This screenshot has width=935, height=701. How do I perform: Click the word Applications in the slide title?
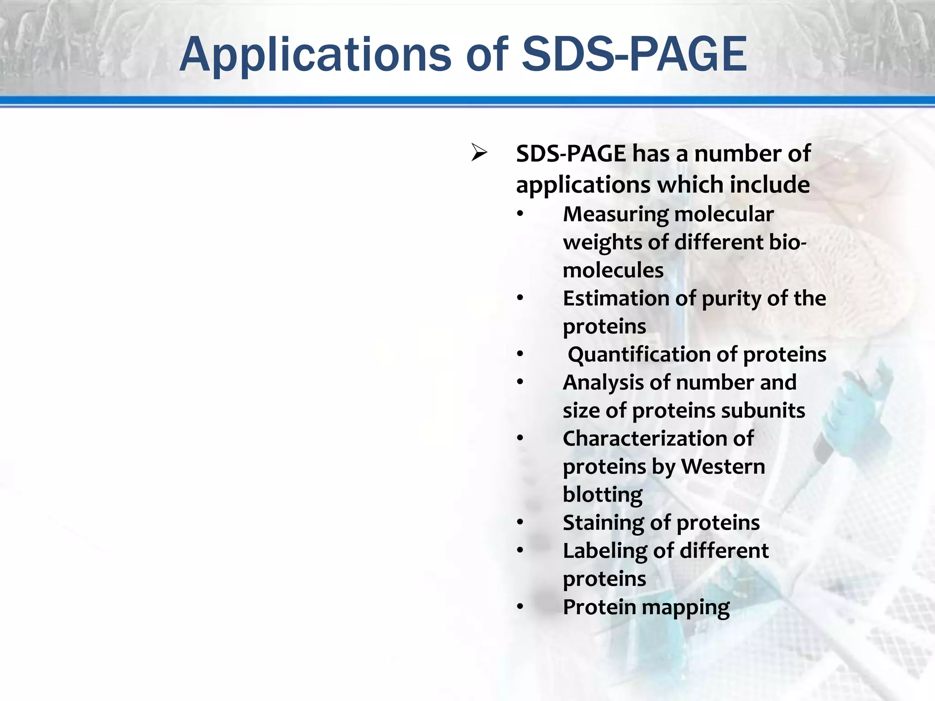[x=315, y=55]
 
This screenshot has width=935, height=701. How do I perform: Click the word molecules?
[x=613, y=270]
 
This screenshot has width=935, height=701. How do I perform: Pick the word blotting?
[x=603, y=495]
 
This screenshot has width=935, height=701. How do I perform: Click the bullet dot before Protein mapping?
[x=520, y=607]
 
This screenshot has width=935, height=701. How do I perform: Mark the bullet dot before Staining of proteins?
[x=520, y=523]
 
